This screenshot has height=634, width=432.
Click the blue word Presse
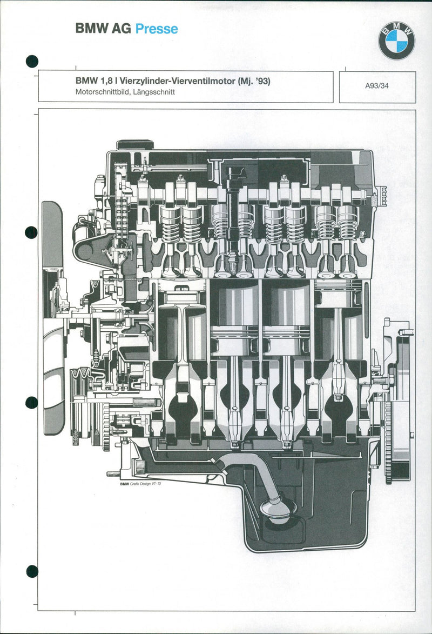click(x=157, y=29)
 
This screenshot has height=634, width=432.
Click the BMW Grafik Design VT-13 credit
click(x=140, y=484)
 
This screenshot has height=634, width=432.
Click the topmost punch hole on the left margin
click(x=32, y=61)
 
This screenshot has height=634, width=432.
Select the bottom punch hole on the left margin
click(x=32, y=571)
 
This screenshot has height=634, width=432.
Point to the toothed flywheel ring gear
click(x=388, y=438)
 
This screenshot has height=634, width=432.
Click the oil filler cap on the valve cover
click(x=135, y=144)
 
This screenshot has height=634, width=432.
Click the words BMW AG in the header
click(x=103, y=29)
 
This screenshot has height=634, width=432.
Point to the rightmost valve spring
click(x=348, y=223)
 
